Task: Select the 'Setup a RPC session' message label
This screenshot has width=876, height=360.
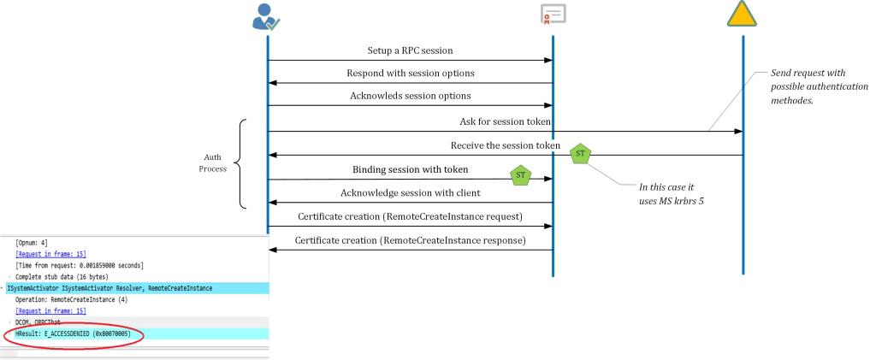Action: tap(410, 51)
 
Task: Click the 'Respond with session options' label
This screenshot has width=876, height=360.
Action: tap(410, 74)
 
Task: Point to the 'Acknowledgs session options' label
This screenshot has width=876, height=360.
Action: tap(410, 95)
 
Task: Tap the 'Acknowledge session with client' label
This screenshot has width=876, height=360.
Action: tap(410, 192)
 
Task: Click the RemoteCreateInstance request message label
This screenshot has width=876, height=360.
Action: tap(410, 216)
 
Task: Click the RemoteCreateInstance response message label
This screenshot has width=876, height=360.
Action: tap(410, 240)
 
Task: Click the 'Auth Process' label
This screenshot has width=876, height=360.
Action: tap(214, 163)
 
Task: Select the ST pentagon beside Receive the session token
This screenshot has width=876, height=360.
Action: tap(580, 154)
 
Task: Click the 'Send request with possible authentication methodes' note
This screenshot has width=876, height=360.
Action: tap(819, 89)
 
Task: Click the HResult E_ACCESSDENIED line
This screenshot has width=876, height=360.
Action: tap(73, 333)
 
